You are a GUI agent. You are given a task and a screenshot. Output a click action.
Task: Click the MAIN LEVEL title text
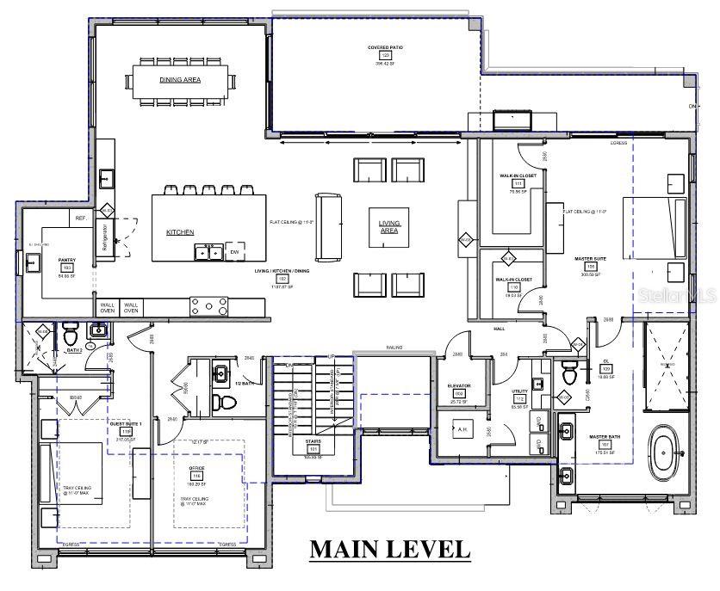click(390, 548)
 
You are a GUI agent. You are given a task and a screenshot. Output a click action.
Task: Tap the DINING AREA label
click(180, 79)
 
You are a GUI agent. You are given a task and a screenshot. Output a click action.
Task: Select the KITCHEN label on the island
click(180, 232)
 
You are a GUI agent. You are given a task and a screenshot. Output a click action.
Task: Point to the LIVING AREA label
click(389, 227)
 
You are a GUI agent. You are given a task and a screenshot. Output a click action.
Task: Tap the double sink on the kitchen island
click(207, 252)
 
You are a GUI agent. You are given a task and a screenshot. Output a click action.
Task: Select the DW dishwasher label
click(233, 252)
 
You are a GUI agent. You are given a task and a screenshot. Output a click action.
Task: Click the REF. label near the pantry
click(82, 219)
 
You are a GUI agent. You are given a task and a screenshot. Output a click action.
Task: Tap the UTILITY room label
click(518, 391)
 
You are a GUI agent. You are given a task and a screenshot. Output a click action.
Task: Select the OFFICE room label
click(196, 467)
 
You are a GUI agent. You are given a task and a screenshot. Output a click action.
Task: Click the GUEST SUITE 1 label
click(125, 424)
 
